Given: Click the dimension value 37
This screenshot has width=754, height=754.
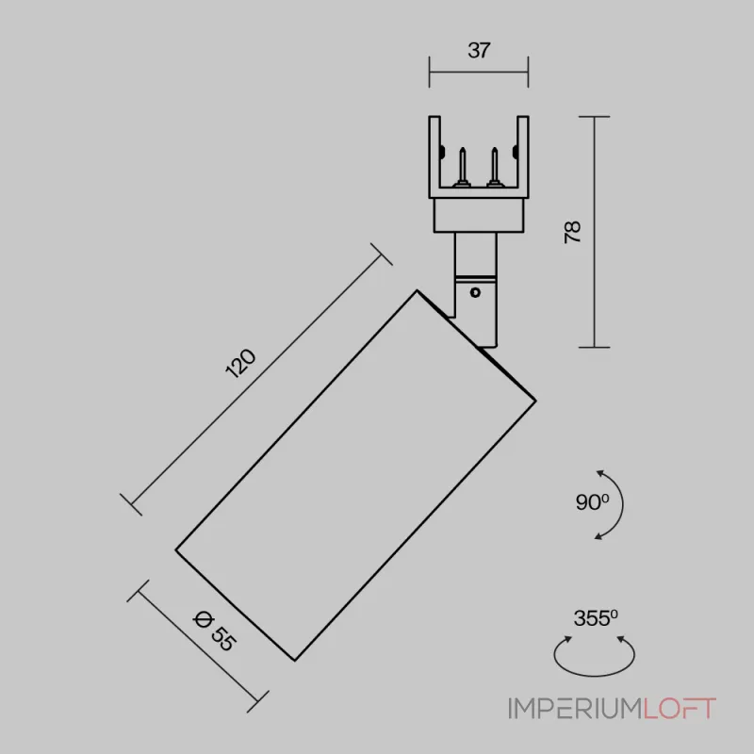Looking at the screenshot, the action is click(x=479, y=51).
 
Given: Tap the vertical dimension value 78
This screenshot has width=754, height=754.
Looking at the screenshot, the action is click(x=572, y=232).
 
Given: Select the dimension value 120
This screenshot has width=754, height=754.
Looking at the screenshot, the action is click(x=240, y=363).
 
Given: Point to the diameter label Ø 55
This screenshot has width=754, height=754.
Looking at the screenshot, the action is click(x=215, y=631).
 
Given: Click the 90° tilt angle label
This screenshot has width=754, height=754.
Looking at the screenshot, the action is click(x=592, y=502).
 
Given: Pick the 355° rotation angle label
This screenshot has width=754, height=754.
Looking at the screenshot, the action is click(x=596, y=618).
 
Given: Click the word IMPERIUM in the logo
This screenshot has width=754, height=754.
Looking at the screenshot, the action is click(x=575, y=709).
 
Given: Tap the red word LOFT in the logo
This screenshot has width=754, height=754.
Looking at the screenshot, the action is click(x=680, y=709).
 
